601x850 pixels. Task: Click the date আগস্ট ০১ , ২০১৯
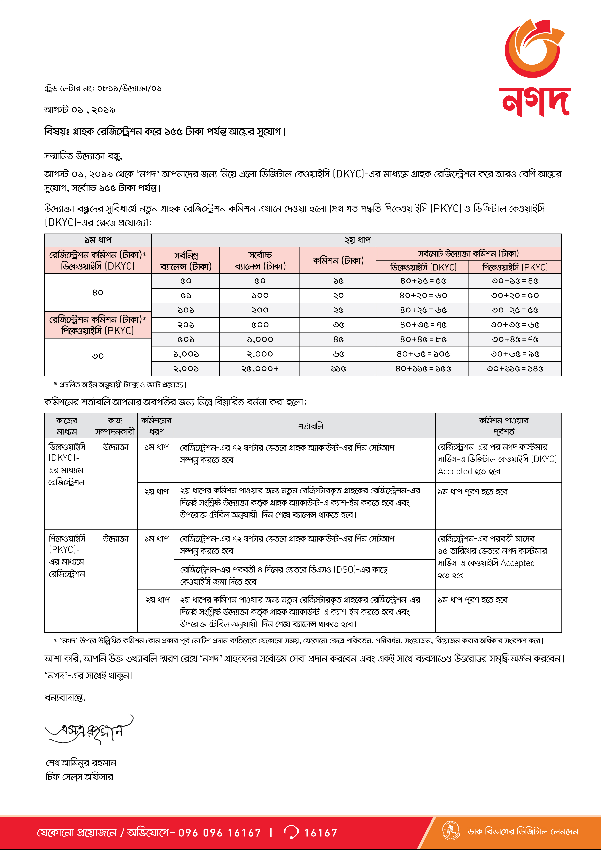(80, 110)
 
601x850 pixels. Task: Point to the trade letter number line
(102, 88)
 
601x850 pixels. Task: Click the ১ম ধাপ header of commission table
(98, 240)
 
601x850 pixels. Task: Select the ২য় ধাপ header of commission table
(356, 240)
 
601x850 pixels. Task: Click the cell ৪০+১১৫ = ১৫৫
(422, 369)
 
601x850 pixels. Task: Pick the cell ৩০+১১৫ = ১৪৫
(515, 369)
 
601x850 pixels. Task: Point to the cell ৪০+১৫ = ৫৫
(422, 281)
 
